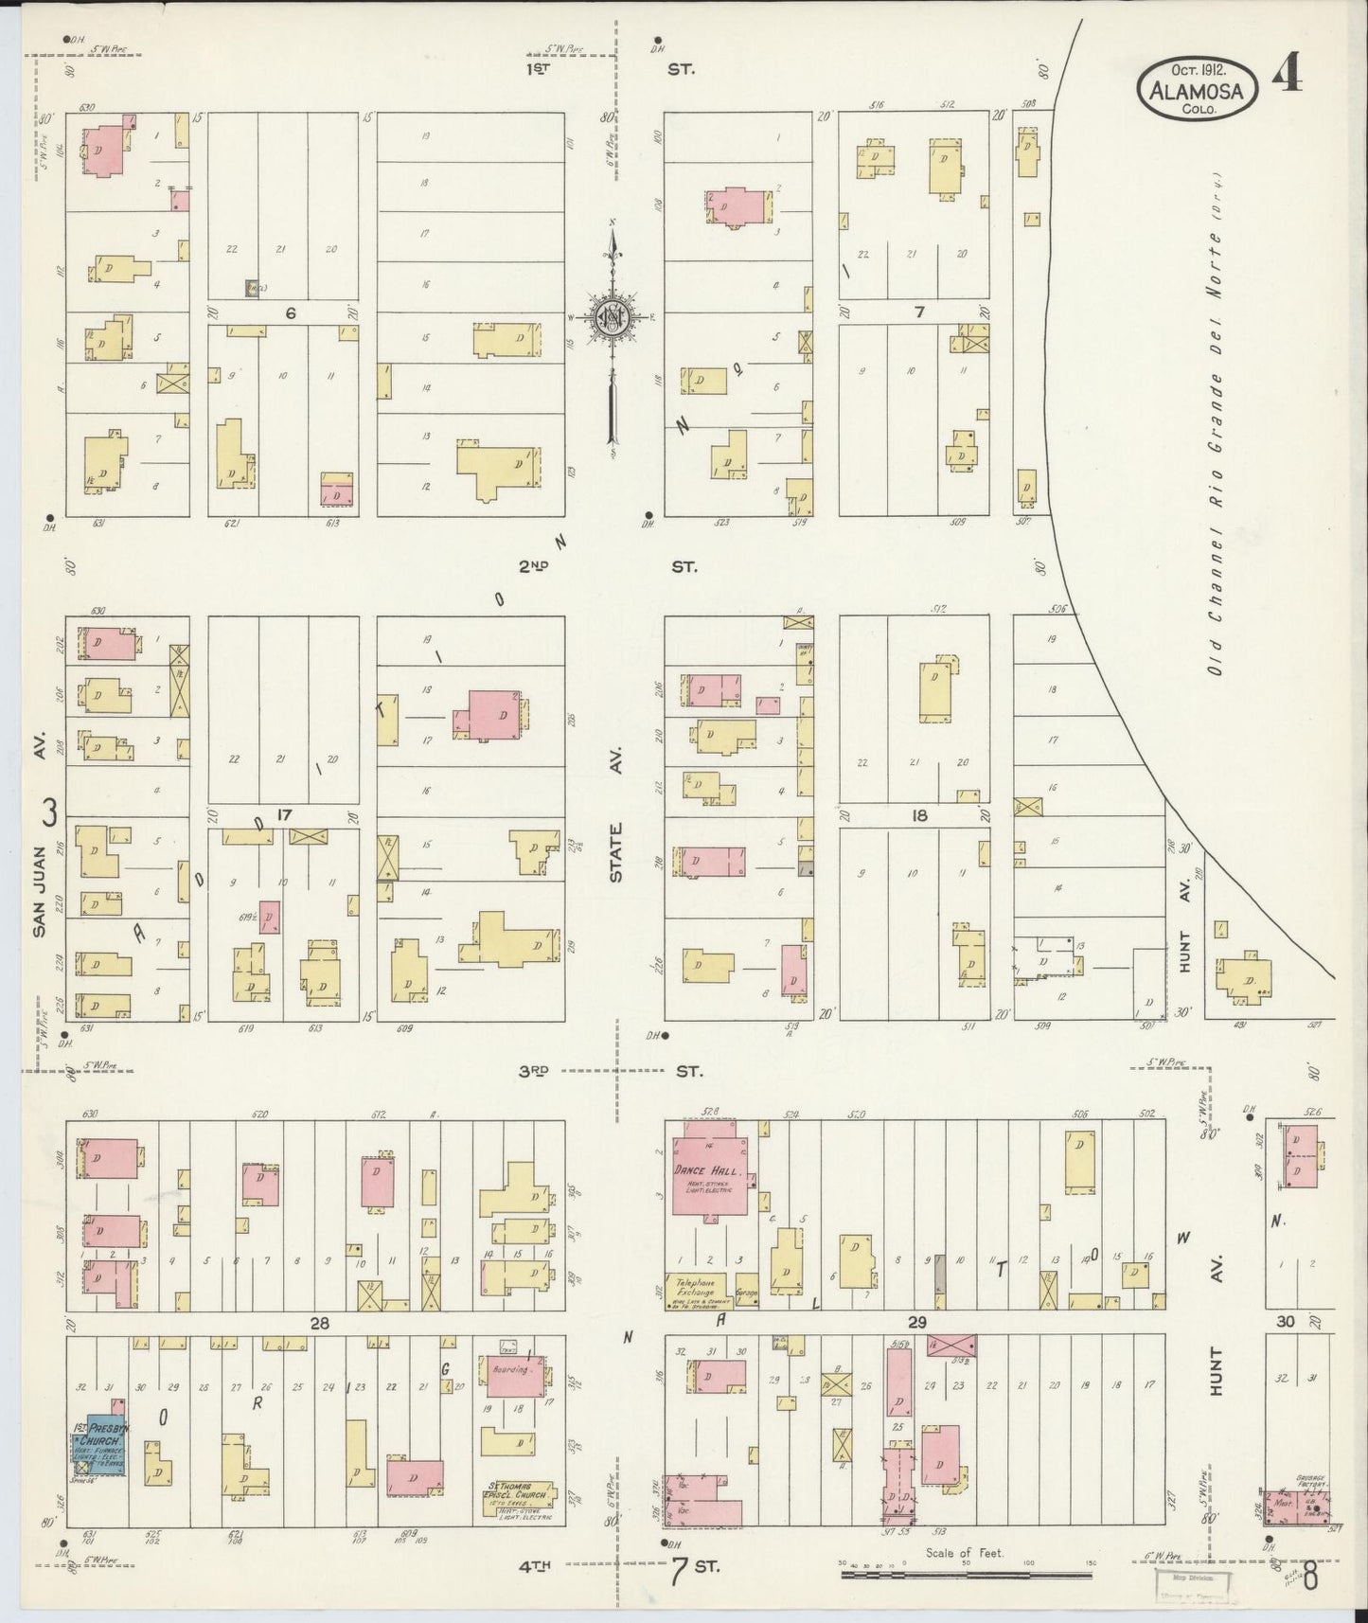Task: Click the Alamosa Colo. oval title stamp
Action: click(x=1198, y=87)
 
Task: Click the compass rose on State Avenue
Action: click(x=613, y=319)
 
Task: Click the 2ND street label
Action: click(x=533, y=566)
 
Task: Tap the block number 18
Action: click(x=918, y=815)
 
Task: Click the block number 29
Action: click(x=916, y=1322)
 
